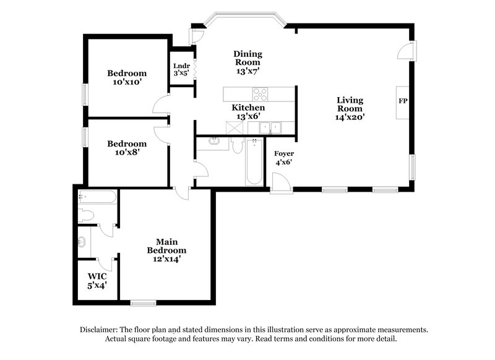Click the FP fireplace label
point(403,101)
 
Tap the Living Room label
point(350,108)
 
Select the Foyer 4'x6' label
point(284,158)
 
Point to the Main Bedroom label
point(166,250)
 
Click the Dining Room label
point(247,62)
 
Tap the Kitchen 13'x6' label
point(248,111)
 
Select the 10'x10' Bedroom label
point(126,77)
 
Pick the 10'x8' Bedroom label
point(126,148)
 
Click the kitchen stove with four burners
point(260,95)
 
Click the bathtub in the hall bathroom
point(253,162)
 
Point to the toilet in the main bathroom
point(86,216)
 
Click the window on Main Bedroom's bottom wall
point(143,302)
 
